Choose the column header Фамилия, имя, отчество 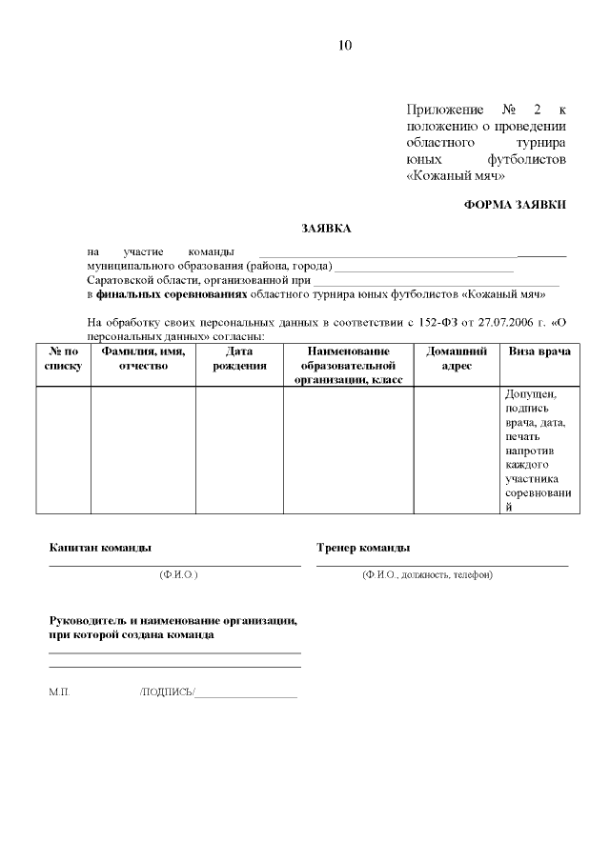pyautogui.click(x=143, y=358)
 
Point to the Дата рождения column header pyautogui.click(x=239, y=358)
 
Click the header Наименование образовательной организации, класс pyautogui.click(x=348, y=366)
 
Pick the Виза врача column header pyautogui.click(x=539, y=351)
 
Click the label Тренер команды pyautogui.click(x=363, y=548)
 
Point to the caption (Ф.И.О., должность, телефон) pyautogui.click(x=427, y=575)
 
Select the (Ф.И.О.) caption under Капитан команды pyautogui.click(x=178, y=575)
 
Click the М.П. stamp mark pyautogui.click(x=59, y=692)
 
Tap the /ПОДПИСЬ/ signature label pyautogui.click(x=167, y=692)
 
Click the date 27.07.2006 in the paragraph pyautogui.click(x=503, y=324)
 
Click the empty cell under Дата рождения pyautogui.click(x=239, y=450)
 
